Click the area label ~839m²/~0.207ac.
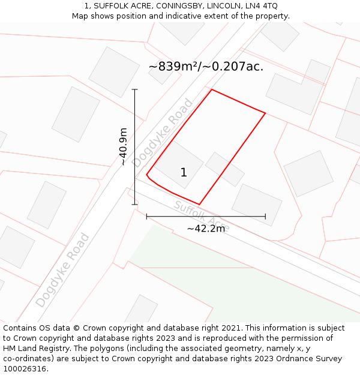click(206, 67)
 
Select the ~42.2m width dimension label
click(206, 229)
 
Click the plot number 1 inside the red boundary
click(184, 173)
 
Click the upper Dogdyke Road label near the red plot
click(163, 133)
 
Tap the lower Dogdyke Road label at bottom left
click(62, 270)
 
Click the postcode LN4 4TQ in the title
click(261, 6)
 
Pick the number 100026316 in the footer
click(25, 369)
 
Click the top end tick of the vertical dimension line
click(134, 89)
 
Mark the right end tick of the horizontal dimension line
click(265, 216)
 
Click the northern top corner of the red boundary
click(212, 90)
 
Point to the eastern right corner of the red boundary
click(265, 113)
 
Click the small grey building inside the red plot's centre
click(225, 169)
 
